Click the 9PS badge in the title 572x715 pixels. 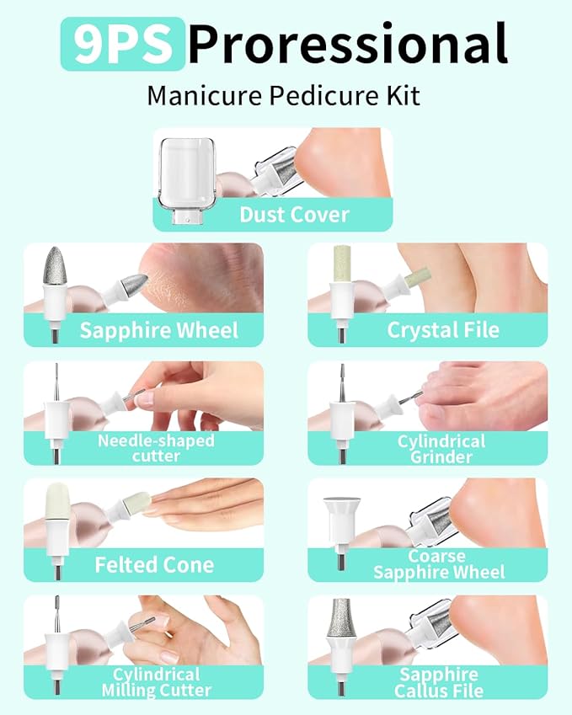(121, 44)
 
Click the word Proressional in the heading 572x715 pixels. (347, 44)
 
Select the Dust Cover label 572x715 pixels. (294, 214)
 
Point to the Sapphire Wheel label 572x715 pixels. (158, 330)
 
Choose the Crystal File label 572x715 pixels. (443, 330)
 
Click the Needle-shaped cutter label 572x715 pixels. (156, 448)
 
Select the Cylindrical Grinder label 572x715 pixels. (441, 449)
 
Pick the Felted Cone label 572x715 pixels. (154, 564)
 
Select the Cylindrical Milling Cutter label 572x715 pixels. (158, 682)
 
